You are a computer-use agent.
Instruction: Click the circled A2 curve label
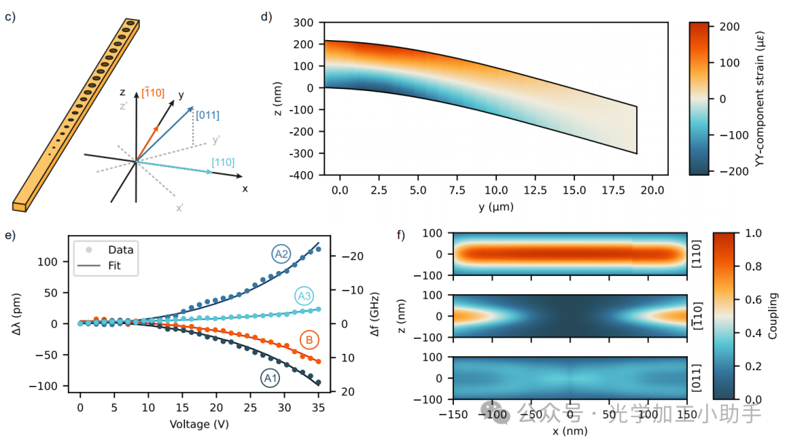pyautogui.click(x=281, y=254)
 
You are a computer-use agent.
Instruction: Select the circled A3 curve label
pyautogui.click(x=305, y=296)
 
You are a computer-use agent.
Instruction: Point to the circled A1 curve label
pyautogui.click(x=270, y=379)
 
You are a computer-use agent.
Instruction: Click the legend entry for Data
pyautogui.click(x=120, y=250)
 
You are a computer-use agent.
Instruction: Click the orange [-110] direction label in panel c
pyautogui.click(x=153, y=93)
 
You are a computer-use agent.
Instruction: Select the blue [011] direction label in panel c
pyautogui.click(x=207, y=115)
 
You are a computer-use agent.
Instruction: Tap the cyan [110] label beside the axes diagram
pyautogui.click(x=223, y=162)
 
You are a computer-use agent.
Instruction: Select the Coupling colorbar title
pyautogui.click(x=772, y=316)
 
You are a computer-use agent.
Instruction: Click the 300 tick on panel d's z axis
pyautogui.click(x=304, y=23)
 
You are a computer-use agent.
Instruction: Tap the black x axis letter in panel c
pyautogui.click(x=245, y=189)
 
